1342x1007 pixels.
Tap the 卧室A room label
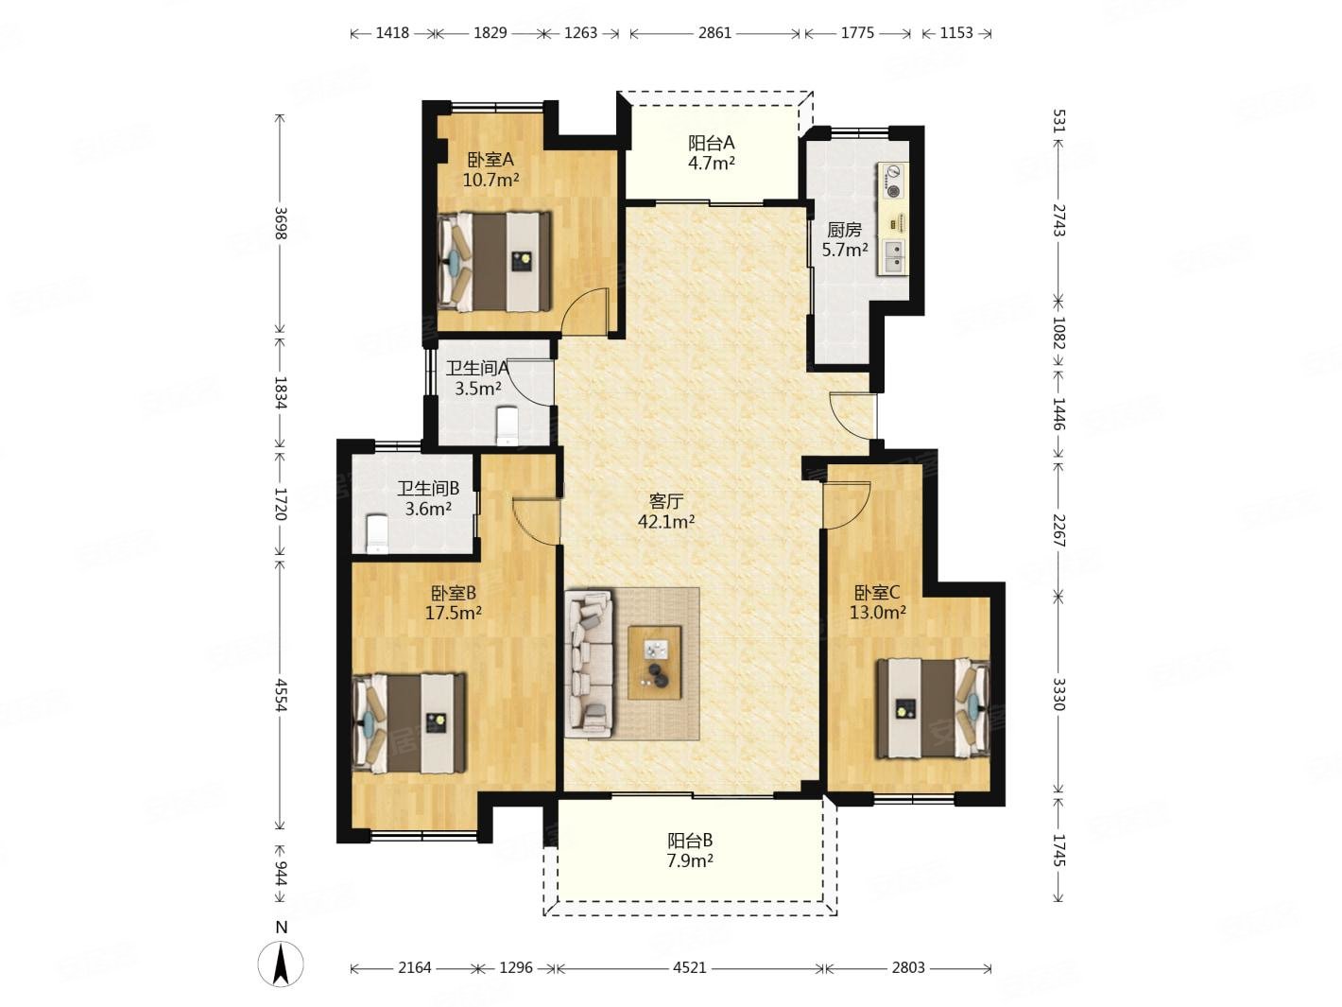coord(490,160)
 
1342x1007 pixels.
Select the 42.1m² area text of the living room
coord(666,522)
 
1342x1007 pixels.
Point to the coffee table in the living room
coord(654,662)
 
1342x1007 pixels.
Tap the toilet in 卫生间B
coord(377,534)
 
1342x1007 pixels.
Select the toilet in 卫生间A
coord(508,426)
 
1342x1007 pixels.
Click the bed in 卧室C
coord(933,708)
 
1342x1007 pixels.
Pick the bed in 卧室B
coord(410,723)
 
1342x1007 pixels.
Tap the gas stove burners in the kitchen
coord(893,182)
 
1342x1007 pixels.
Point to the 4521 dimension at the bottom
coord(690,967)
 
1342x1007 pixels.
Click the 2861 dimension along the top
coord(714,32)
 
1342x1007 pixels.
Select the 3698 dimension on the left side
coord(281,223)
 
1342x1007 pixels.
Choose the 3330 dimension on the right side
coord(1058,694)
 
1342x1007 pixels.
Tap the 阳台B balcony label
coord(690,841)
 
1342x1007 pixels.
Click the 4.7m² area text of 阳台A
coord(711,164)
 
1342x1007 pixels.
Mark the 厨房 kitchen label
coord(844,230)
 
